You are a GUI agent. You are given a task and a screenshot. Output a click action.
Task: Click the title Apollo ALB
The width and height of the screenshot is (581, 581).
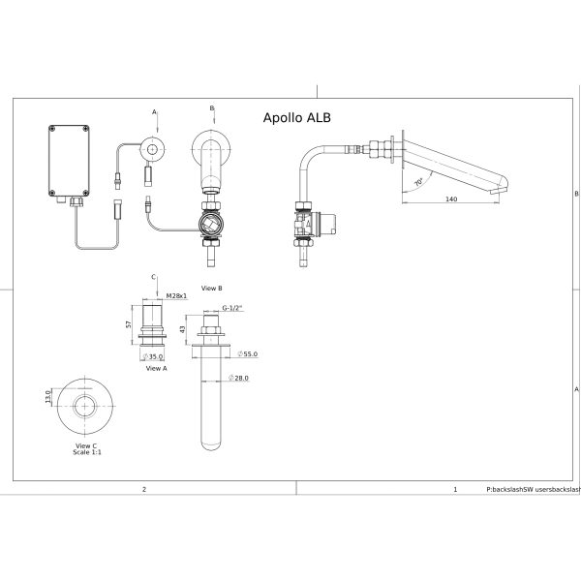click(x=297, y=118)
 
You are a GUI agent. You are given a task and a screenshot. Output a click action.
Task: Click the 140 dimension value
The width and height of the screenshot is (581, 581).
click(x=451, y=199)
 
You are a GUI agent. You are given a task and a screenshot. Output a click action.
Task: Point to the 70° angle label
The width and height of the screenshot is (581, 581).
click(x=418, y=182)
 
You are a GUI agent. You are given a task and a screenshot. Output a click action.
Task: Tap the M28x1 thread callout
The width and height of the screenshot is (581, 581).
click(x=176, y=296)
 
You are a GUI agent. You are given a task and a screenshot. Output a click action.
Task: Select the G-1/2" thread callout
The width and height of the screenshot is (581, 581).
click(x=232, y=308)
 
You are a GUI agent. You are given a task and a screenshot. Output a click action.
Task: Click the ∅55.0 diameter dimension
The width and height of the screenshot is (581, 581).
click(x=248, y=353)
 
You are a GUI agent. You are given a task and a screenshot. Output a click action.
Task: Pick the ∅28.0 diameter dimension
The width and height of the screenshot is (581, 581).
click(x=238, y=378)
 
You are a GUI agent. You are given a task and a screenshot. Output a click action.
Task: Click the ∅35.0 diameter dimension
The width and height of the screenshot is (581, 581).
click(x=153, y=356)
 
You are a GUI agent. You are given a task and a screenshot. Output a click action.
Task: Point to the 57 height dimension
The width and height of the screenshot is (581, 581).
click(x=129, y=324)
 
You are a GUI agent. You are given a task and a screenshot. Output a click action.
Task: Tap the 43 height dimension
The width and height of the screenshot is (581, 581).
click(x=182, y=329)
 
